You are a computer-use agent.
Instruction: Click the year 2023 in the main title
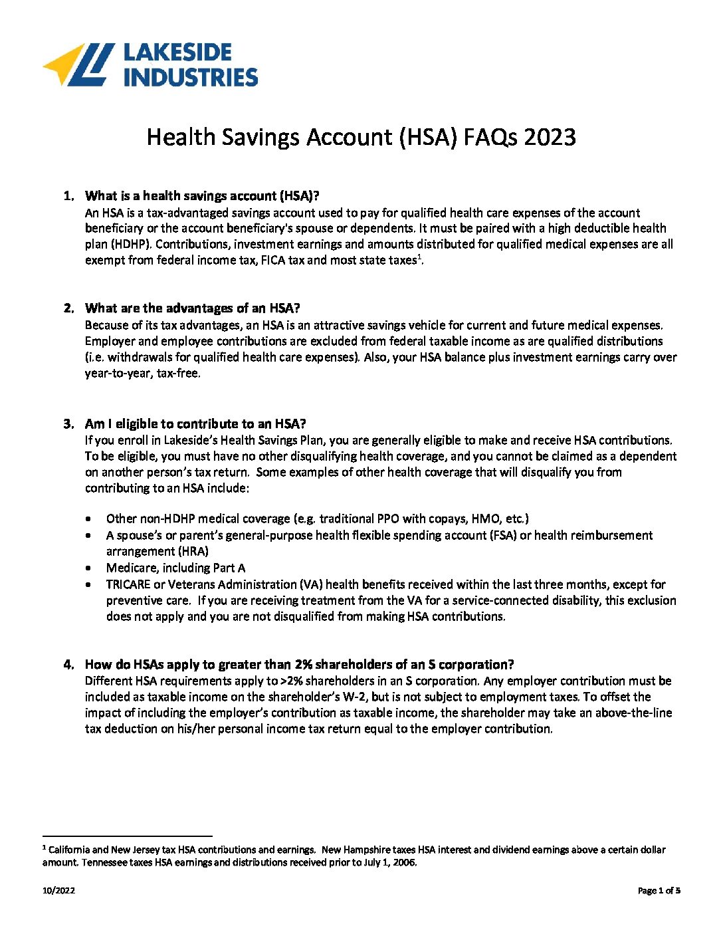click(549, 137)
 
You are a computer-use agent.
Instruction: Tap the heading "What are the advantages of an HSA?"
click(192, 308)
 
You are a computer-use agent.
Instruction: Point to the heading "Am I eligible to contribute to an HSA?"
click(195, 424)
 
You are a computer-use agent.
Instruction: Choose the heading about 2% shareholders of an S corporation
click(299, 665)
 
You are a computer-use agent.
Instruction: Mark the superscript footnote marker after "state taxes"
click(419, 257)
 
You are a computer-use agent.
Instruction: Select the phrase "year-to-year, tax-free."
click(142, 374)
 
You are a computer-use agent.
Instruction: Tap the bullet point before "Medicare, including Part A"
click(89, 568)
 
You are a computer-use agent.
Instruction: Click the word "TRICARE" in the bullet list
click(128, 585)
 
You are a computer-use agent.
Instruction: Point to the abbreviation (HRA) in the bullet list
click(193, 552)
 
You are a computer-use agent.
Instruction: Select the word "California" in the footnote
click(69, 850)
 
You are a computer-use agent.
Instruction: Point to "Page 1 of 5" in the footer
click(659, 891)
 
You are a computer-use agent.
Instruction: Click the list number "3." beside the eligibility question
click(68, 424)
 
